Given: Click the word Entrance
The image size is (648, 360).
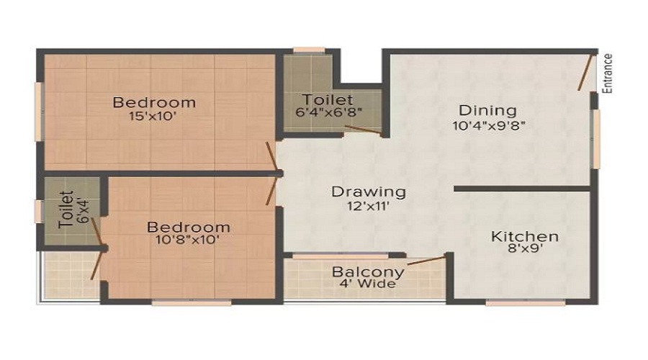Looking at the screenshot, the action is pos(607,73).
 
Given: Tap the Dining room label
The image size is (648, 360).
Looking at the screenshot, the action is pos(487,110).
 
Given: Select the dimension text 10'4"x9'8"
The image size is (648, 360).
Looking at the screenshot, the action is pos(489,125).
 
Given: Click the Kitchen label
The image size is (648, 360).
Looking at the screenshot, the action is pos(525,236).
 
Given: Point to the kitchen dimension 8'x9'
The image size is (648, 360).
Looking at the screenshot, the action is pos(525,248).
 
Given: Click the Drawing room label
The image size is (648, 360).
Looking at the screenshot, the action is pos(369,192).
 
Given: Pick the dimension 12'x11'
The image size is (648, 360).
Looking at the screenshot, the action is pos(368,205).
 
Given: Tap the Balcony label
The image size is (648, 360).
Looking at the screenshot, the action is pos(368,272).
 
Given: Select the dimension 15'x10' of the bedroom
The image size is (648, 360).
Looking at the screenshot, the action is pos(153,116).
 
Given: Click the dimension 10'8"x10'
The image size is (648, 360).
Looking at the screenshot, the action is pos(187,239).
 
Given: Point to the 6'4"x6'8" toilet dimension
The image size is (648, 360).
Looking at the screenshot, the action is pos(329,112).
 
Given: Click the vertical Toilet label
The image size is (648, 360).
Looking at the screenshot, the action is pos(66,210).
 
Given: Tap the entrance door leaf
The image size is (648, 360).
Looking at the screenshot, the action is pos(585,72).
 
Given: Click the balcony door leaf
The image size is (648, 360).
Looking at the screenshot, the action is pos(426,261).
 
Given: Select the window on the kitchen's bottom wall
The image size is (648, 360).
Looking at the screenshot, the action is pos(526,303).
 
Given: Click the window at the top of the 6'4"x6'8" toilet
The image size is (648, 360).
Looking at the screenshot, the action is pos(309,50).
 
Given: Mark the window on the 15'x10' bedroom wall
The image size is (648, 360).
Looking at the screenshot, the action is pos(39,112).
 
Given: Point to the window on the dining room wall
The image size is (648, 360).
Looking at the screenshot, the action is pos(595,139).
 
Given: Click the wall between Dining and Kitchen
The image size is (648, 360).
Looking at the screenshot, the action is pos(523,189).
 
